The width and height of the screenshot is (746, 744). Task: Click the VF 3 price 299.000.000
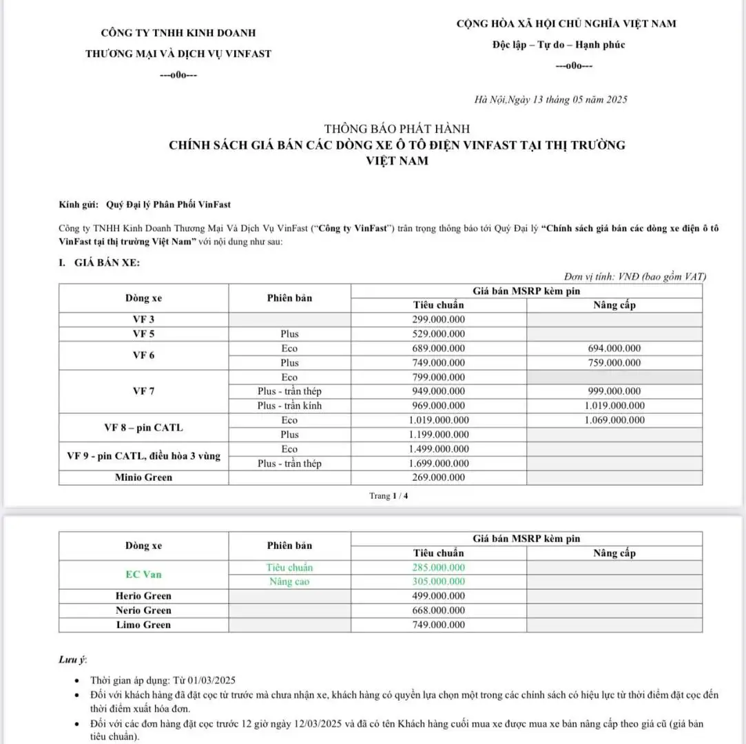click(439, 320)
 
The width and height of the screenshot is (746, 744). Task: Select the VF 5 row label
click(144, 334)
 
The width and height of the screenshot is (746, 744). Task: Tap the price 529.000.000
click(439, 334)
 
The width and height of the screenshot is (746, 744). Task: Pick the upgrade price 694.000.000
click(614, 349)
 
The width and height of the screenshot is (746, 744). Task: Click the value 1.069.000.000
click(614, 420)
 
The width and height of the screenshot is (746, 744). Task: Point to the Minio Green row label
click(144, 477)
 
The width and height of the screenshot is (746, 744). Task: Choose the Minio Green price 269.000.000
click(439, 477)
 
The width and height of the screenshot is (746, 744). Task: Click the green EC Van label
click(144, 575)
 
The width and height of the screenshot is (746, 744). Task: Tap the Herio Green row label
click(144, 596)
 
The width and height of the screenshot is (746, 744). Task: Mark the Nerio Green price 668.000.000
click(439, 610)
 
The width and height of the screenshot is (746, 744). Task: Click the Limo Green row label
click(144, 625)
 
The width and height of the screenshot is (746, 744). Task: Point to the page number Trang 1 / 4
click(388, 496)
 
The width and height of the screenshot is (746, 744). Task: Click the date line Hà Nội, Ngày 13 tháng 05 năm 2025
click(551, 100)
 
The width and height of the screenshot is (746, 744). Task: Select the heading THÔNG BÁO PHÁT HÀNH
click(397, 129)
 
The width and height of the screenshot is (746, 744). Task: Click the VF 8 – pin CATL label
click(144, 427)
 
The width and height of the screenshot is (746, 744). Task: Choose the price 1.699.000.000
click(439, 464)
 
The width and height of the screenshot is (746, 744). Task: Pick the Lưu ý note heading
click(72, 660)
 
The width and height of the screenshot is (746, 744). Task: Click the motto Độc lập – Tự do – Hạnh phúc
click(559, 45)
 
